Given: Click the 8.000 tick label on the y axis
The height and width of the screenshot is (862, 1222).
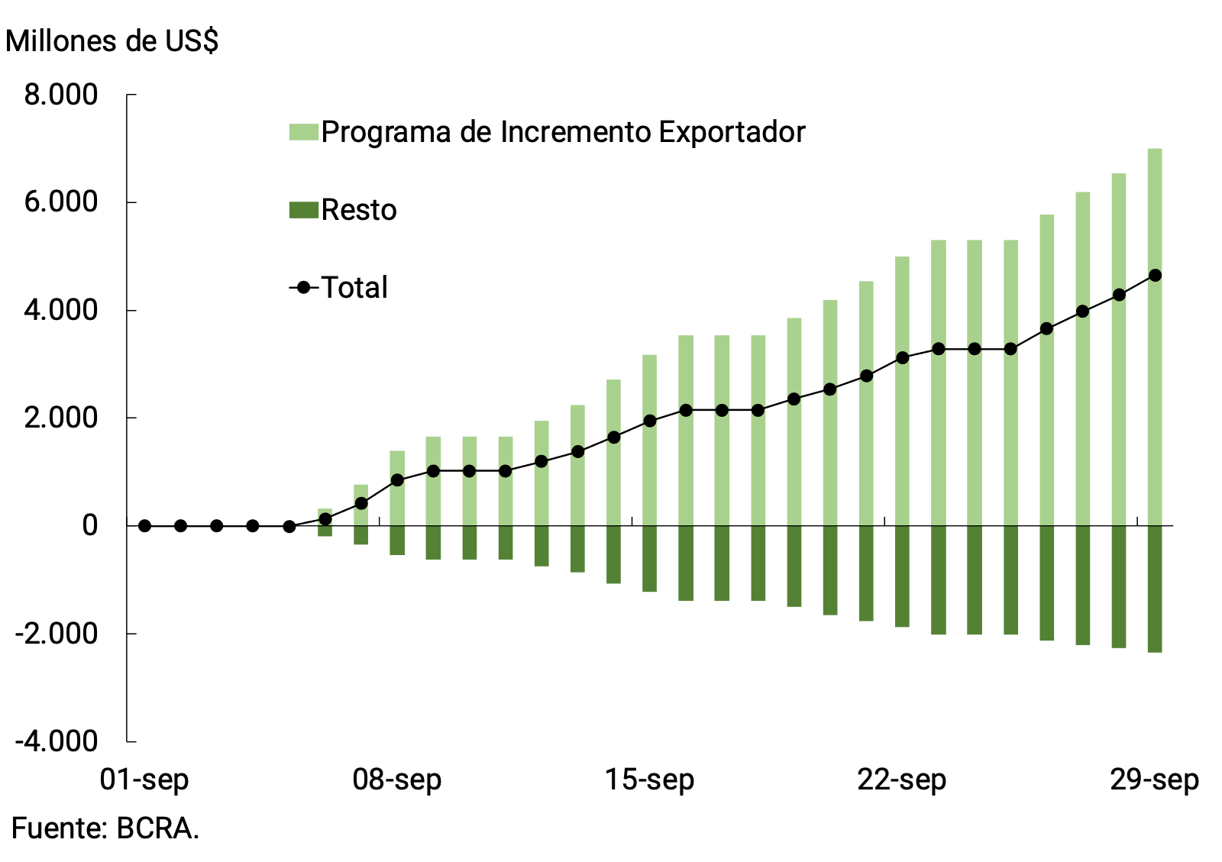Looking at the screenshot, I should [61, 95].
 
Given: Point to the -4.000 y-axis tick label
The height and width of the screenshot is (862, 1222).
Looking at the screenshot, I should [57, 741].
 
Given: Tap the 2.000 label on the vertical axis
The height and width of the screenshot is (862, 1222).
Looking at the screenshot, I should [61, 418].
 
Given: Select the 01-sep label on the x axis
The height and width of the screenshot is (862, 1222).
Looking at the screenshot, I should [144, 780].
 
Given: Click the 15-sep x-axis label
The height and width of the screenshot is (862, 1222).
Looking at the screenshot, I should [649, 780].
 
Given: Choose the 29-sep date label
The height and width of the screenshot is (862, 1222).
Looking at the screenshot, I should [1154, 780].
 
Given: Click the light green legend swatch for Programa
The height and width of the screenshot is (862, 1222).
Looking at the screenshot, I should [303, 132].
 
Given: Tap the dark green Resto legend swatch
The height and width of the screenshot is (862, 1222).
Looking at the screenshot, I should [303, 210].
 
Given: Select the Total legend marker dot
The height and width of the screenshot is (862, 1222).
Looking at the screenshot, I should [304, 288].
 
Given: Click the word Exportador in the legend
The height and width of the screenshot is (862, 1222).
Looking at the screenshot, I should [732, 132].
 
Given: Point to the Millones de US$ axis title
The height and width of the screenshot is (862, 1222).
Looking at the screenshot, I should [112, 41].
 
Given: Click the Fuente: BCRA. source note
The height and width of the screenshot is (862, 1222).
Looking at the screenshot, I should [105, 828].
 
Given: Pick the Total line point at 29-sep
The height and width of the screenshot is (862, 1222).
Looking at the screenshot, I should [1155, 275].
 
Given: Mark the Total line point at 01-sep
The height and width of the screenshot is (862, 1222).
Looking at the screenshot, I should [144, 525].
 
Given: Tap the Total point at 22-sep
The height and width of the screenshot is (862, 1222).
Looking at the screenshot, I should [903, 357].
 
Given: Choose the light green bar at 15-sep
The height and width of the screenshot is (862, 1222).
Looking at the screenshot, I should [650, 389].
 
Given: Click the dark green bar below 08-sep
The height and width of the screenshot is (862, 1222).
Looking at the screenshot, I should [397, 540].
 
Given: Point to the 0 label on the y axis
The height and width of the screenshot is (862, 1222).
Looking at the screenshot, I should [90, 526].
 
